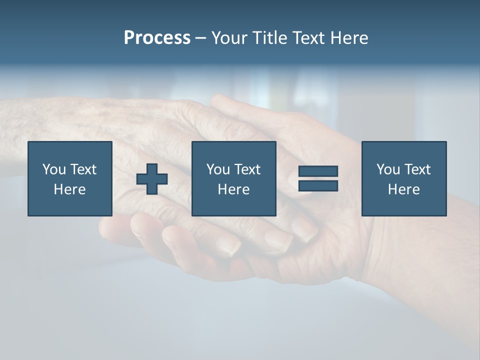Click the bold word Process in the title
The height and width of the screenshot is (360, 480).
[157, 38]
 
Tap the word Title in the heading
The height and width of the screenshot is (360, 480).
[268, 38]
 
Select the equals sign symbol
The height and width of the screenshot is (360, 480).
[318, 178]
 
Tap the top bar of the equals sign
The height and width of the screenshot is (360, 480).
[318, 171]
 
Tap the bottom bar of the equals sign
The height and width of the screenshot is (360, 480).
[318, 185]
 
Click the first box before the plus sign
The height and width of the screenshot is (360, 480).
[70, 178]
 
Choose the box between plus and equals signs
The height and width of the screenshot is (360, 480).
[233, 178]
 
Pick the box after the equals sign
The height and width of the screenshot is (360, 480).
[403, 178]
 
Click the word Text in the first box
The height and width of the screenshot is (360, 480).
[83, 169]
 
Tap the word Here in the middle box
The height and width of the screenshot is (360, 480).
[233, 189]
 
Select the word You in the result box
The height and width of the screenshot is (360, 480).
[388, 169]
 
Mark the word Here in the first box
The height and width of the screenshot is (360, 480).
[70, 189]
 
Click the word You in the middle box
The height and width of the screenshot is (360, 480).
[218, 169]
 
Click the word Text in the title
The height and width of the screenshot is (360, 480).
[306, 38]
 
